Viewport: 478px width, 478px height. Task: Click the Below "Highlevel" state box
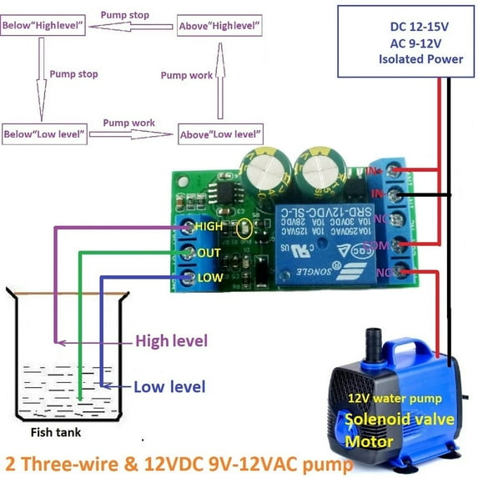click(x=45, y=27)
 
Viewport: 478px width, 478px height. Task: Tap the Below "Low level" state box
click(x=44, y=134)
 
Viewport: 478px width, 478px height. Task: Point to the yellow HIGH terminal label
click(x=209, y=226)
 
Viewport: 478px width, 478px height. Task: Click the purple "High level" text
click(x=171, y=340)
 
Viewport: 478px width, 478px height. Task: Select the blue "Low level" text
click(x=169, y=386)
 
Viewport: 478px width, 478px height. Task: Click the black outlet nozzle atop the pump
click(x=373, y=340)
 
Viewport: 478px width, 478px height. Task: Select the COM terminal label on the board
click(x=399, y=246)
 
